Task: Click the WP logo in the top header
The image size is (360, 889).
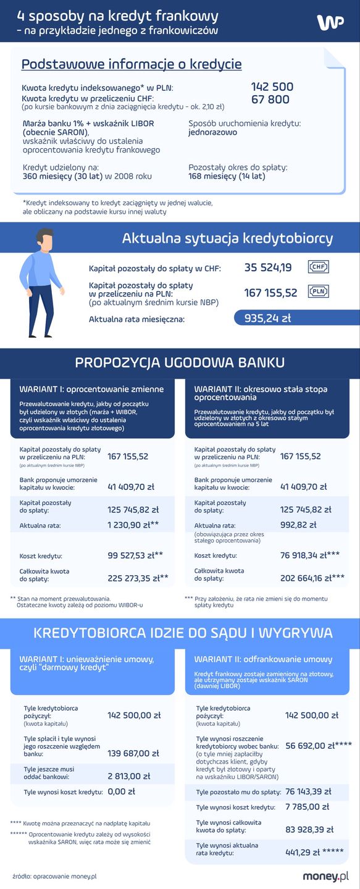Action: pos(330,22)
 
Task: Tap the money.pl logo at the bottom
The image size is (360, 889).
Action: pos(325,876)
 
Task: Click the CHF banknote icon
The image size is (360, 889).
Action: pos(319,267)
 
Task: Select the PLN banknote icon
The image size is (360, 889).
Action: pos(319,292)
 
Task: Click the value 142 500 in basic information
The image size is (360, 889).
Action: pos(272,87)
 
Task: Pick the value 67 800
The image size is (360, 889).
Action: pos(270,99)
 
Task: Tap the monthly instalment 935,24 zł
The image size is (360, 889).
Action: pos(267,319)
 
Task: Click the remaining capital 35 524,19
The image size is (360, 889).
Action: pos(268,268)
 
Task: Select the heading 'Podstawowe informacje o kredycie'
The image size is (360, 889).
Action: pos(132,64)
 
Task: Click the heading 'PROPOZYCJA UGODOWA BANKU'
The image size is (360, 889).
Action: pos(180,362)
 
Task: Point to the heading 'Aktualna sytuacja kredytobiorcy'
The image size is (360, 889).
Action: pos(227,238)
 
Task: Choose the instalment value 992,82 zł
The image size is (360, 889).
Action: pos(298,525)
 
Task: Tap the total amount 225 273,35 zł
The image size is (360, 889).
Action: pos(133,578)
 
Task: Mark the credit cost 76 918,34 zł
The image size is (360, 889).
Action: pos(303,555)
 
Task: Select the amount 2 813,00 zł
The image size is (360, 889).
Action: pos(128,776)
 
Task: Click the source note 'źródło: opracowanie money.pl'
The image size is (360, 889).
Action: pos(54,876)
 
